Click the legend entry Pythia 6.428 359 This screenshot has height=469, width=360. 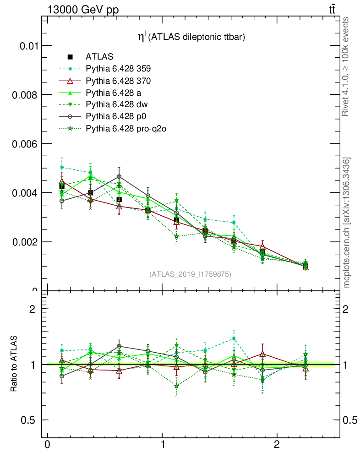point(118,69)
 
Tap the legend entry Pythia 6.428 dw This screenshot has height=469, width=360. point(116,105)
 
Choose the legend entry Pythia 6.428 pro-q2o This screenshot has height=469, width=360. point(125,129)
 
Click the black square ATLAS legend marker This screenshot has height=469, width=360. point(71,57)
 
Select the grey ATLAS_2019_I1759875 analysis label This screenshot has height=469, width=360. point(190,274)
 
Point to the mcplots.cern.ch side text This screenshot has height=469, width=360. point(347,223)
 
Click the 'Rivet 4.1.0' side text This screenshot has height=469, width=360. point(347,67)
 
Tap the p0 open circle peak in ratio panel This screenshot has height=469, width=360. point(119,346)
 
